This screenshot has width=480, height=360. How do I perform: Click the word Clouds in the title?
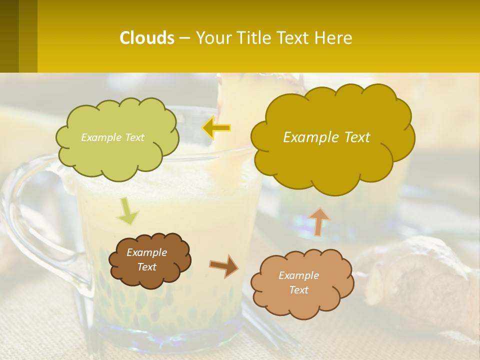click(x=146, y=38)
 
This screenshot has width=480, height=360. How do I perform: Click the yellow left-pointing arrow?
click(x=216, y=128)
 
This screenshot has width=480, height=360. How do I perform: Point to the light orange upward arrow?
click(x=318, y=221)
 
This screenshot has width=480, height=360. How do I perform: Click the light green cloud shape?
click(x=118, y=155)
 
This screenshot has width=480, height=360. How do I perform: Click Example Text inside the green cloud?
click(x=112, y=137)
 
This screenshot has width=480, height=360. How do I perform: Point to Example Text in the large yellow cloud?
click(x=326, y=137)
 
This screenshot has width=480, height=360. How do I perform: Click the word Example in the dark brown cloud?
click(x=146, y=252)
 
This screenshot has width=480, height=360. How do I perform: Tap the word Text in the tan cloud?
click(x=298, y=290)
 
